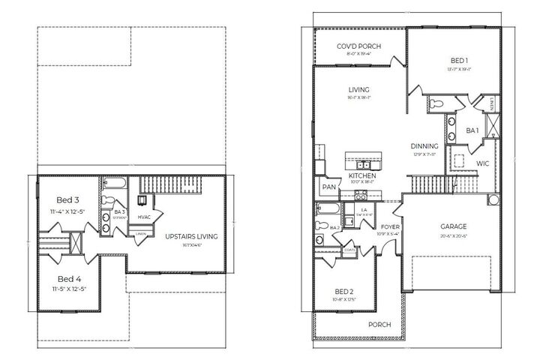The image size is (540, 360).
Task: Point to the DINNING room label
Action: pyautogui.click(x=424, y=145)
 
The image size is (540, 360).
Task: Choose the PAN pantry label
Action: pyautogui.click(x=328, y=187)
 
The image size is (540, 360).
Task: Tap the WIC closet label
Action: pyautogui.click(x=482, y=162)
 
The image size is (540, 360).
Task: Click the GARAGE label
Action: pyautogui.click(x=453, y=226)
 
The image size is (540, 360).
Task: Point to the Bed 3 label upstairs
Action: pyautogui.click(x=67, y=200)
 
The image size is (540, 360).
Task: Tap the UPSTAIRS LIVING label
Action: pyautogui.click(x=190, y=236)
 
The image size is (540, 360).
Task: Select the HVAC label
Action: pyautogui.click(x=145, y=217)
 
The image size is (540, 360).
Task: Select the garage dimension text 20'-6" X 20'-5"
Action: pyautogui.click(x=453, y=235)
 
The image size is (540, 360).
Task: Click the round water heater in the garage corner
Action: pyautogui.click(x=493, y=199)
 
